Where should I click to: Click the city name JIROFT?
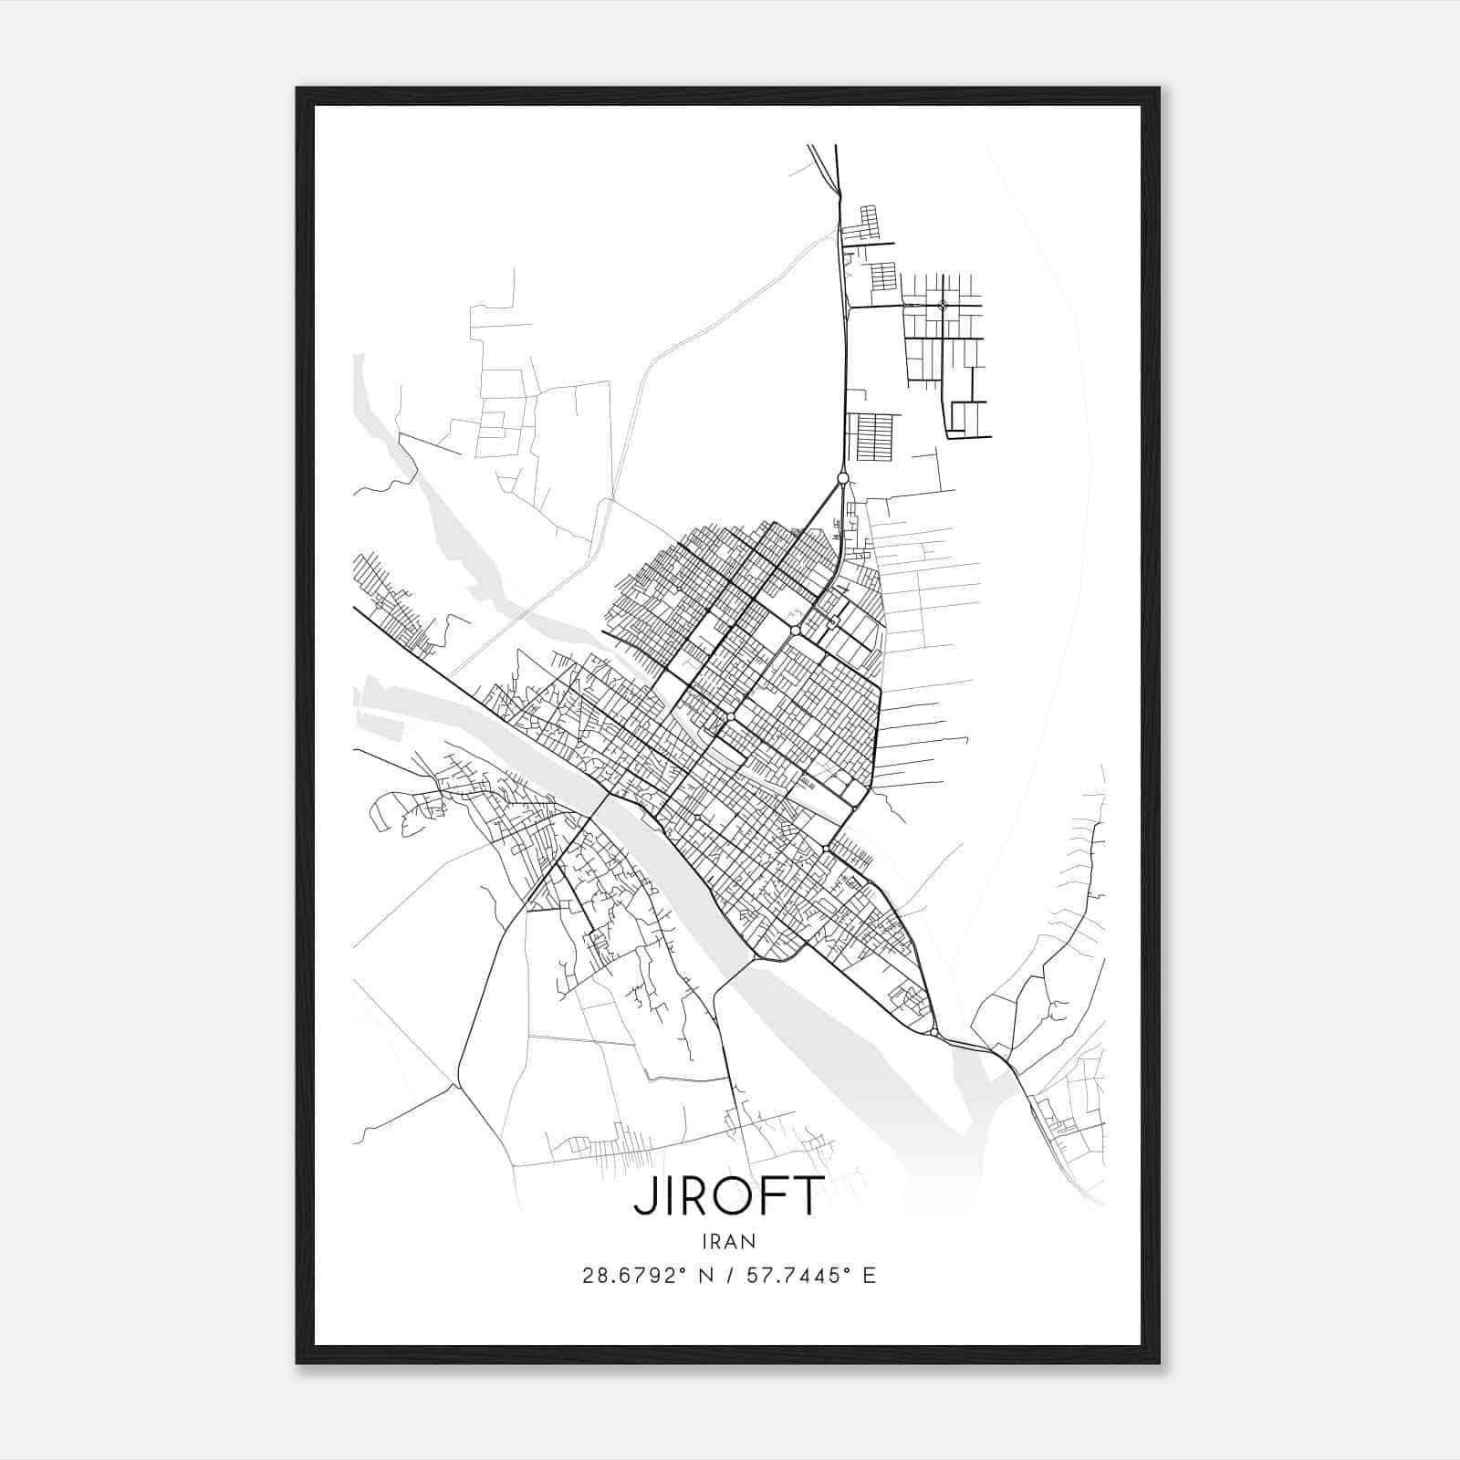click(x=729, y=1196)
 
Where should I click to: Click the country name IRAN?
click(x=729, y=1241)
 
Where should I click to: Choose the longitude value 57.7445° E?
click(x=810, y=1276)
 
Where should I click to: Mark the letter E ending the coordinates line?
click(x=869, y=1276)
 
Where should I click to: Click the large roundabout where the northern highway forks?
click(x=843, y=478)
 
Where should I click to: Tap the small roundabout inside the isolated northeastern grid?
click(x=943, y=305)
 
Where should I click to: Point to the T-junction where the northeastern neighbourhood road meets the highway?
click(x=849, y=308)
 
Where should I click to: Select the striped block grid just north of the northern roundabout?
click(x=873, y=436)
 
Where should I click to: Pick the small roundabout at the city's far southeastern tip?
click(x=933, y=1032)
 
